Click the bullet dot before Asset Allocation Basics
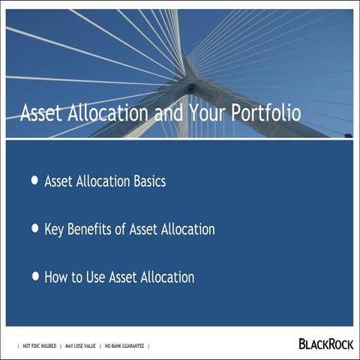point(35,181)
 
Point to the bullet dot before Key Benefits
point(35,228)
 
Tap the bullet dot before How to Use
point(35,276)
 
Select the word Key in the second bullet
point(55,229)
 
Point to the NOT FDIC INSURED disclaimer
point(38,346)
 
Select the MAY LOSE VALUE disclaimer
point(80,346)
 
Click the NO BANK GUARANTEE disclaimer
point(124,346)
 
